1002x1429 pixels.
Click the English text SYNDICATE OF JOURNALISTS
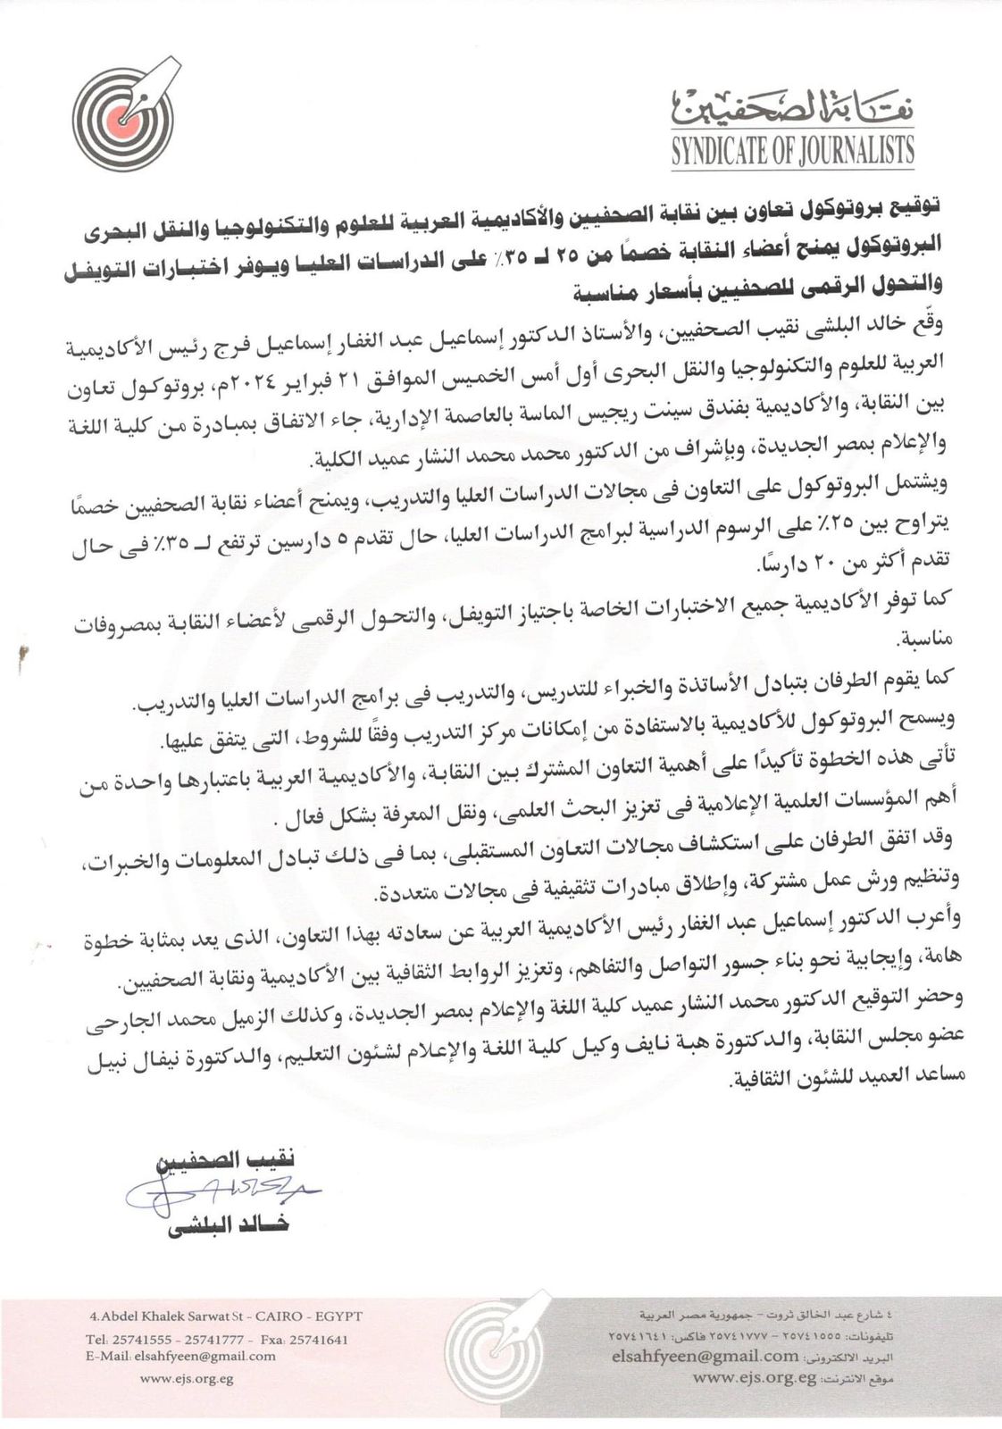pyautogui.click(x=792, y=150)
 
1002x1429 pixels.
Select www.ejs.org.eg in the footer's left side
pyautogui.click(x=187, y=1378)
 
